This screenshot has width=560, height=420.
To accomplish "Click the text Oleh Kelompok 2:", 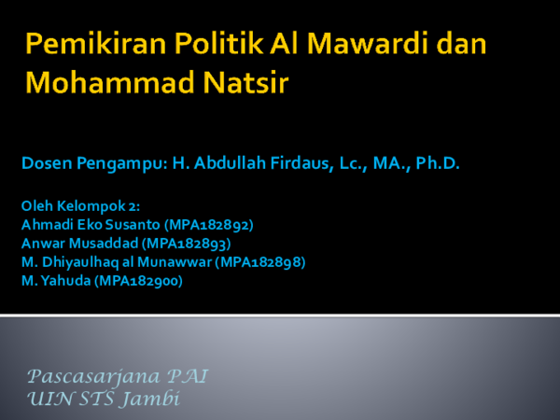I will click(x=79, y=206).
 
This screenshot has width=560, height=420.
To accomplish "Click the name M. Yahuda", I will click(x=54, y=279).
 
